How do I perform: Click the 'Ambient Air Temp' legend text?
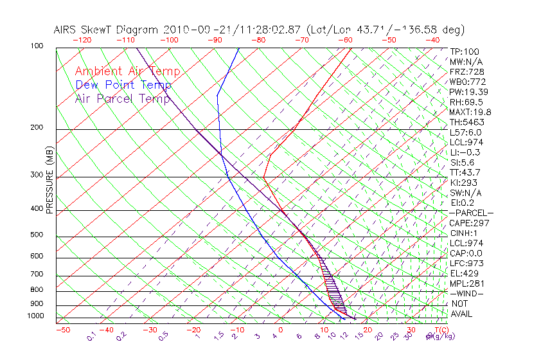coord(127,72)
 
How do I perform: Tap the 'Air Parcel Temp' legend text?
coord(122,98)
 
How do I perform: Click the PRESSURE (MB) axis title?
coord(49,179)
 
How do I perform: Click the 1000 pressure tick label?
coord(37,316)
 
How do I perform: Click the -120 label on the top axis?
coord(82,39)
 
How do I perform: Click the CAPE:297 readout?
coord(469,223)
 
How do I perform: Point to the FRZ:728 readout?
coord(466,71)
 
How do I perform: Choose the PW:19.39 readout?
coord(469,92)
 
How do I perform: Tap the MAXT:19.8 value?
coord(470,112)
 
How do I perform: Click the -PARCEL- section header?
coord(471,213)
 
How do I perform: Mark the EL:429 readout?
coord(465,273)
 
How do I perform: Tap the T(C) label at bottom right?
coord(438,330)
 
